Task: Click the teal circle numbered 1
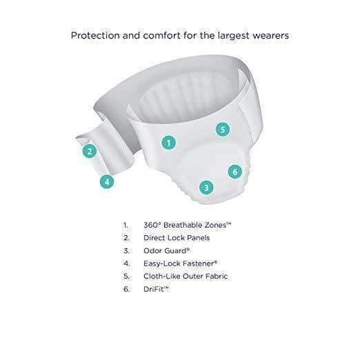tap(168, 143)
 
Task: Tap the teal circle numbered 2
tap(88, 151)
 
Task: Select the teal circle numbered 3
tap(205, 186)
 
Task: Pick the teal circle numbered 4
tap(106, 182)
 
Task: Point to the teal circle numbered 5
tap(221, 129)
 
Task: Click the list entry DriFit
tap(157, 289)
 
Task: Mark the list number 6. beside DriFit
tap(126, 289)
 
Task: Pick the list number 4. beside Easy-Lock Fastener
tap(126, 263)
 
